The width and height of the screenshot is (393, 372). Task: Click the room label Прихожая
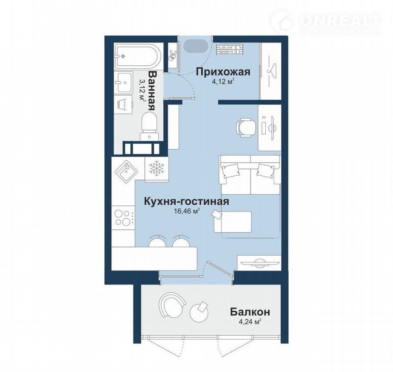tap(223, 72)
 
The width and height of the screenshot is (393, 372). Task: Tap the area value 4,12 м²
tap(223, 82)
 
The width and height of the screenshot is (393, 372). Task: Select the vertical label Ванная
tap(152, 91)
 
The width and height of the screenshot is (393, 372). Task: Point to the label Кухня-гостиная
tap(187, 201)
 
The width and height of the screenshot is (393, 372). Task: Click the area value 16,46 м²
tap(187, 211)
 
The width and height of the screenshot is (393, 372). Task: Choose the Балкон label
tap(250, 312)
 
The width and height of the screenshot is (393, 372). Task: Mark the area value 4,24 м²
tap(250, 322)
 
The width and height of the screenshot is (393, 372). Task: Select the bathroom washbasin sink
tap(124, 82)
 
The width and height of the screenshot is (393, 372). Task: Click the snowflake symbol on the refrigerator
tap(157, 168)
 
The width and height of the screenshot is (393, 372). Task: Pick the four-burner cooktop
tap(123, 218)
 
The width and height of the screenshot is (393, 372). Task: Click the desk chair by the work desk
tap(246, 128)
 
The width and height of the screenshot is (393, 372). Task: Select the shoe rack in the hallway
tap(229, 48)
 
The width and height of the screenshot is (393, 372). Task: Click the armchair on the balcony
tap(172, 305)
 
